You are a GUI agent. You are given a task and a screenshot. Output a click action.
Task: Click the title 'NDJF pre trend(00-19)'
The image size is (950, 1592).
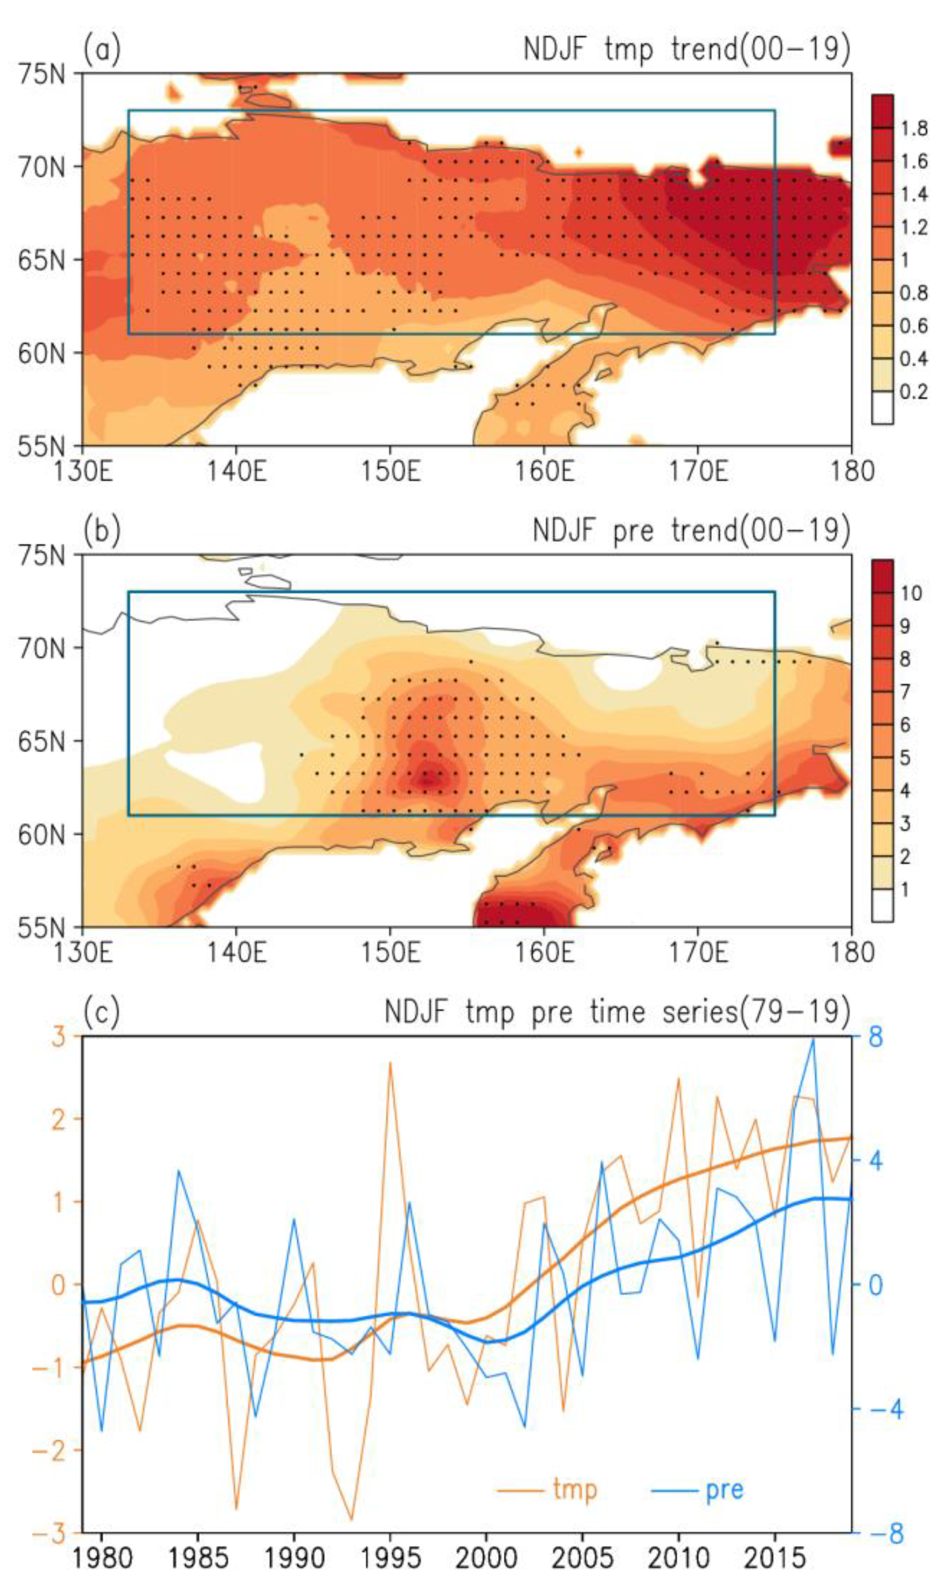click(x=692, y=530)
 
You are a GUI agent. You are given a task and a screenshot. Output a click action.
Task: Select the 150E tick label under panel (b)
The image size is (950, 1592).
click(x=390, y=953)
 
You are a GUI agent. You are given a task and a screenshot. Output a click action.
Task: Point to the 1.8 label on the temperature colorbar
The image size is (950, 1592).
click(x=914, y=129)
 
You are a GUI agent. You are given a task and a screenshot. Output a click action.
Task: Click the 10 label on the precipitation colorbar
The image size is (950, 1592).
click(x=911, y=594)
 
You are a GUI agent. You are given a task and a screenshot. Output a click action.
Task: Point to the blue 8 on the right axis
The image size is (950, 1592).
click(x=875, y=1037)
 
